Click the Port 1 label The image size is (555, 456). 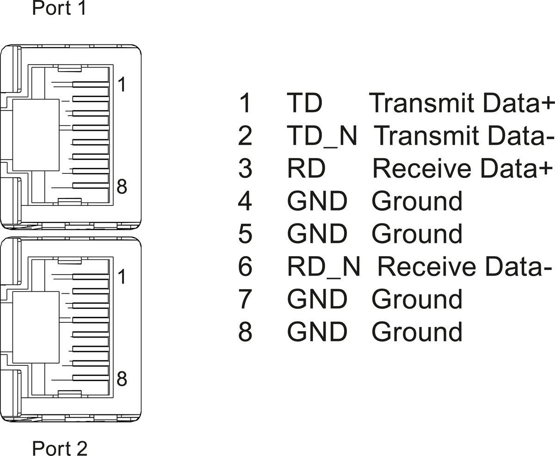point(59,8)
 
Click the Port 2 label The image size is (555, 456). point(59,448)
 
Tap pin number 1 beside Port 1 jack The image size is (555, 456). point(121,86)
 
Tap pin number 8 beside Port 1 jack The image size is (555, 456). point(122,187)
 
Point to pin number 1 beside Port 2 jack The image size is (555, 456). point(121,277)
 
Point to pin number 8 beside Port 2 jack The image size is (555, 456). point(122,379)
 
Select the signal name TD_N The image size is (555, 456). point(322,136)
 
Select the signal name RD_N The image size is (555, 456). point(323,267)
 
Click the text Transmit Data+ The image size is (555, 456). point(462,103)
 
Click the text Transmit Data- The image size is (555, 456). point(463,136)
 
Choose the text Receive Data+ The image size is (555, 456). point(462,169)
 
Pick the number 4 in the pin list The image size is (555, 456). point(245,202)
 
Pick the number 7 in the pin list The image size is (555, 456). point(245,299)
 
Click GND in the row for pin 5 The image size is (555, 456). point(317,234)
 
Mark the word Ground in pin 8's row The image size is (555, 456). point(417,332)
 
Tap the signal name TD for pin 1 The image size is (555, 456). point(304,103)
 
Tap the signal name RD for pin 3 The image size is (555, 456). point(306,169)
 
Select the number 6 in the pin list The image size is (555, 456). point(245,267)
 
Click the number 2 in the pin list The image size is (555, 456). point(245,136)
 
